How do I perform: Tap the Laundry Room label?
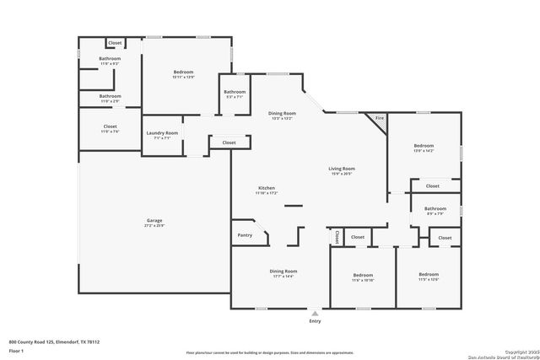coord(161,132)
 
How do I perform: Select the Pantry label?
coord(245,235)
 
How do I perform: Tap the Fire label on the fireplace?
coord(379,119)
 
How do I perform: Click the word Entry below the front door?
coord(315,321)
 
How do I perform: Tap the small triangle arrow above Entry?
coord(315,312)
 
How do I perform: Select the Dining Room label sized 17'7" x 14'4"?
coord(283,271)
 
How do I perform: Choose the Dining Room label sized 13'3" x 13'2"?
coord(282,113)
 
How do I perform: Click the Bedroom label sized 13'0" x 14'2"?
coord(424,147)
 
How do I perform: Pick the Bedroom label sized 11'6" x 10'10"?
coord(363,275)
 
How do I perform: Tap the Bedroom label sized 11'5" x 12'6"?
coord(429,274)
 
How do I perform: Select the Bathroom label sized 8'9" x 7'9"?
coord(435,208)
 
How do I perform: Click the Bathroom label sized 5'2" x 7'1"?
coord(235,92)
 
